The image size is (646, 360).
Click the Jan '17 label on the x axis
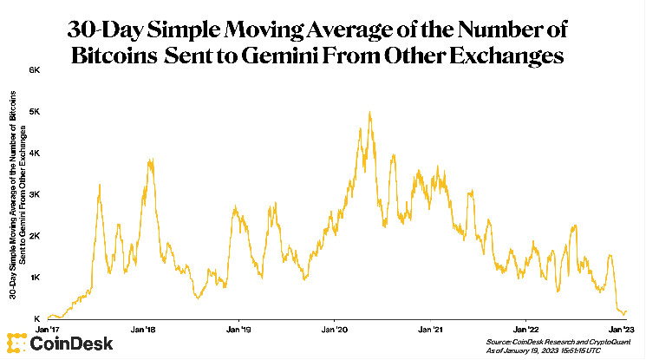(48, 330)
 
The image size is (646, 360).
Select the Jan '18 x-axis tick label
(143, 330)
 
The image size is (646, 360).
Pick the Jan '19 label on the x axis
(240, 330)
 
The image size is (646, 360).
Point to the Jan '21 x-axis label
(432, 330)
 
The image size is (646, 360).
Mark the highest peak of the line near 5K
(370, 112)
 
